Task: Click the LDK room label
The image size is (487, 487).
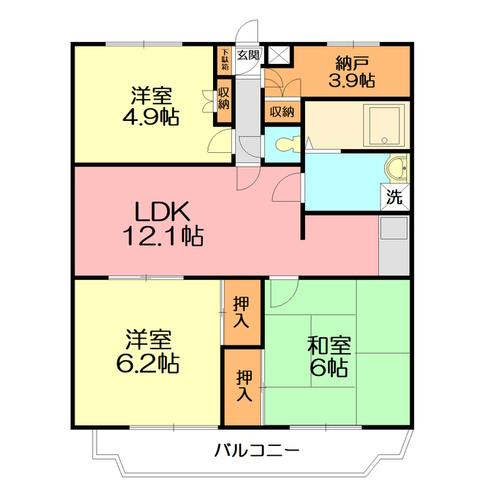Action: (x=162, y=212)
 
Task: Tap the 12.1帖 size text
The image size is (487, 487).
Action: (x=164, y=236)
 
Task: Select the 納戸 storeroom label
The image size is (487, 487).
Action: (x=352, y=63)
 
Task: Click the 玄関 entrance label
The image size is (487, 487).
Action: (x=248, y=56)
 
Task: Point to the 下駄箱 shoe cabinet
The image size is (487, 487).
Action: (x=224, y=61)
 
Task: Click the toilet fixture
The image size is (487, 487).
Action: (x=286, y=144)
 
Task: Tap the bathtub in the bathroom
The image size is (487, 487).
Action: (x=384, y=126)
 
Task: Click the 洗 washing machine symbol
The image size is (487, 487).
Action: (x=395, y=197)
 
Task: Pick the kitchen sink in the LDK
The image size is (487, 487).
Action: (x=394, y=228)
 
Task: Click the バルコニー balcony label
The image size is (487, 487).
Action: (x=257, y=450)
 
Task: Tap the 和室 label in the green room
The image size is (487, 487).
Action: (x=329, y=345)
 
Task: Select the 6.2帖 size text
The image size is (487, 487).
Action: (x=148, y=363)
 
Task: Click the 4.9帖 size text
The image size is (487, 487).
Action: (x=151, y=116)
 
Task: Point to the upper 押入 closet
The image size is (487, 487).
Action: (x=242, y=312)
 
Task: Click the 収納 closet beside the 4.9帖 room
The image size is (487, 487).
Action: (x=224, y=100)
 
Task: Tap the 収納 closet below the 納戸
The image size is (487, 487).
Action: (x=282, y=111)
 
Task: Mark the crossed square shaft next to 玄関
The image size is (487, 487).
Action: (x=279, y=56)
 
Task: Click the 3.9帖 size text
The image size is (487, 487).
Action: (x=352, y=81)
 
